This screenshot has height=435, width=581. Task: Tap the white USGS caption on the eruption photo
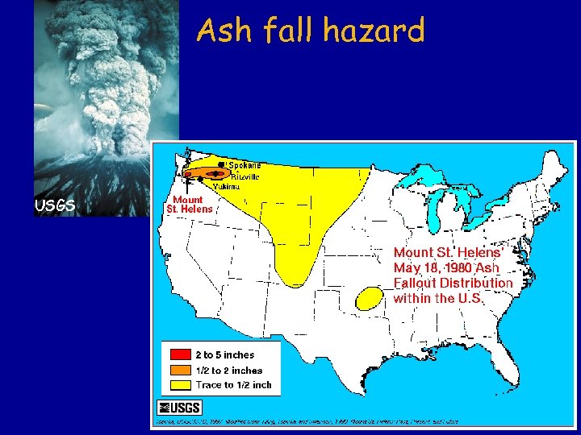55,205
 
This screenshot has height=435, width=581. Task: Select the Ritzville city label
245,176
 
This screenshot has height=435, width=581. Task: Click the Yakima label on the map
226,186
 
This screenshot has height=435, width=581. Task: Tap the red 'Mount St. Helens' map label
189,204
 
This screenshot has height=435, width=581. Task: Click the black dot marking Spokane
221,164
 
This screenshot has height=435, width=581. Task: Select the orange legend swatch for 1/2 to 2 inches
178,370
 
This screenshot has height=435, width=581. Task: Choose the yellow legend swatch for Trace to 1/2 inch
178,384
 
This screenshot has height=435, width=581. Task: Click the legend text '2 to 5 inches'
224,354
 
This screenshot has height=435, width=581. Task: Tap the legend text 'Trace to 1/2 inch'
233,385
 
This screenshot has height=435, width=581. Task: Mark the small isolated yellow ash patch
370,298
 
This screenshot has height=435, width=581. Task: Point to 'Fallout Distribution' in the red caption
453,283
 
